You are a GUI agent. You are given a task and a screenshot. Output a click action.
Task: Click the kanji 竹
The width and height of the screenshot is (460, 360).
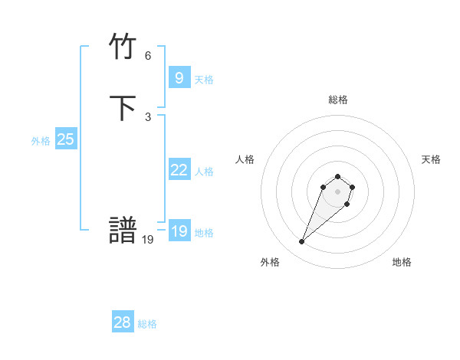[x=123, y=47]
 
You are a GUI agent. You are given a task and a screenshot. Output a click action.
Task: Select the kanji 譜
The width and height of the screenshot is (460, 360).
[x=123, y=231]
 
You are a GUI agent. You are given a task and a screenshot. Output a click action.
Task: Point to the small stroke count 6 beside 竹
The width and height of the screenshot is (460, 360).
[x=148, y=56]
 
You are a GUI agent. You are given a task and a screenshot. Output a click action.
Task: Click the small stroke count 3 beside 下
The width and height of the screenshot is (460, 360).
[x=148, y=117]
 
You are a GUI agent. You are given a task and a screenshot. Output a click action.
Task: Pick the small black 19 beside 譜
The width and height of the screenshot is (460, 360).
[x=148, y=239]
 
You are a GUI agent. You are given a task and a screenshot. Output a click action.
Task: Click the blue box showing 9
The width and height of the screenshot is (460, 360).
[x=179, y=77]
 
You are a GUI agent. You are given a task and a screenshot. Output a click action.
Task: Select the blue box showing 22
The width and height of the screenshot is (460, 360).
[x=179, y=170]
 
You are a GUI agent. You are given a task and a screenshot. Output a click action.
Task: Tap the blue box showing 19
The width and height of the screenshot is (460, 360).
[x=179, y=231]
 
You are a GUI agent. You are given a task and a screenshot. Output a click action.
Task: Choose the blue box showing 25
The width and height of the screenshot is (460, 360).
[x=65, y=139]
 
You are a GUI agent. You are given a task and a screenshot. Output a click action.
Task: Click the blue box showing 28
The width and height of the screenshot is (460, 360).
[x=122, y=322]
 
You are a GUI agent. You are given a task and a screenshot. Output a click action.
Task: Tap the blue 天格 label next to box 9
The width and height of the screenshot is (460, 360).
[x=204, y=79]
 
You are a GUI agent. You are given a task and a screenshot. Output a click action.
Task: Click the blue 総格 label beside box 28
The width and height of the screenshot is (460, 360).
[x=147, y=324]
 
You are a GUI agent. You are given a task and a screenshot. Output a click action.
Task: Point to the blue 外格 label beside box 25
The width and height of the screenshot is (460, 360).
[x=41, y=141]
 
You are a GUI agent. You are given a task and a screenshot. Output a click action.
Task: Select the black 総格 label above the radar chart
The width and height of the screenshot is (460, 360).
[x=338, y=100]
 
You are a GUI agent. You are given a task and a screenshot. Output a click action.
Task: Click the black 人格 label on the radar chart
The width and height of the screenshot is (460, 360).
[x=245, y=159]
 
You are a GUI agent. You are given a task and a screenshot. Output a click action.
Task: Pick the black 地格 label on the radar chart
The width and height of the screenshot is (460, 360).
[x=402, y=262]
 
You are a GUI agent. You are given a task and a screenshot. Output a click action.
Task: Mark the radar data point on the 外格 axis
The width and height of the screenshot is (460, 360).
[x=301, y=242]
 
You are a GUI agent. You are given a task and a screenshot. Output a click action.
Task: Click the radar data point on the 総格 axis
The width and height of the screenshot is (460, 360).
[x=338, y=174]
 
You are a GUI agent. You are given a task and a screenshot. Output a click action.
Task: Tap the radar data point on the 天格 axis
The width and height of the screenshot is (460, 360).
[x=353, y=186]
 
